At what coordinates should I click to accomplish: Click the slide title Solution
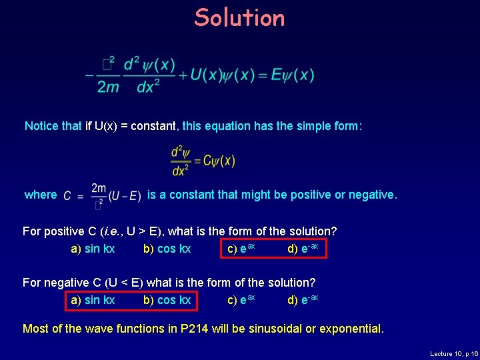(239, 18)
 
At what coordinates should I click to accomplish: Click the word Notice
(44, 126)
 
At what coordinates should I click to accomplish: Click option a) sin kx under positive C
(93, 249)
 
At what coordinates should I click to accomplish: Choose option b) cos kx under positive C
(167, 249)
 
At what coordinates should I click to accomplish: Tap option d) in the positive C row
(303, 249)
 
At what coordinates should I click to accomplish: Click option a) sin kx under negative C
(93, 300)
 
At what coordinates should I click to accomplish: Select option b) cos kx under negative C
(167, 300)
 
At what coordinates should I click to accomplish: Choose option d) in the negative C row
(303, 300)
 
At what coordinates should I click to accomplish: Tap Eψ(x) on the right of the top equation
(293, 75)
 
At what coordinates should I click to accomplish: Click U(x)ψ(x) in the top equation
(219, 75)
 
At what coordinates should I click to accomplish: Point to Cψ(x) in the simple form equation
(219, 161)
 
